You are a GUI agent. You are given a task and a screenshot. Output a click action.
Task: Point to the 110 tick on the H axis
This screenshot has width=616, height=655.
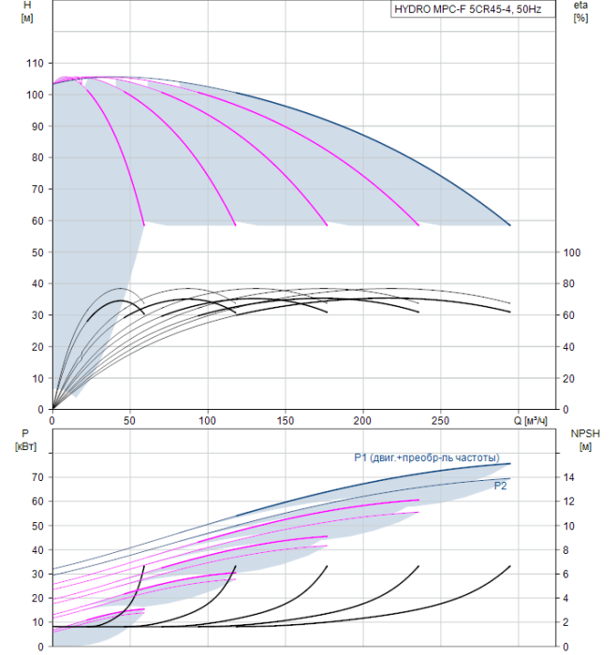click(37, 63)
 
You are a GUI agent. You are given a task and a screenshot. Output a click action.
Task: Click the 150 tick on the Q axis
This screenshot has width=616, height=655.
click(286, 420)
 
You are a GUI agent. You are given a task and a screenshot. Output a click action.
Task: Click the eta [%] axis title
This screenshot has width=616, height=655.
click(579, 11)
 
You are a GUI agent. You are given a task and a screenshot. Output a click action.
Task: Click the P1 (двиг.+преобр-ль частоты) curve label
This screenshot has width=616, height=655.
click(426, 458)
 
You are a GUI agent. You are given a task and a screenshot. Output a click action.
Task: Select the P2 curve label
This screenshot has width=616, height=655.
click(501, 486)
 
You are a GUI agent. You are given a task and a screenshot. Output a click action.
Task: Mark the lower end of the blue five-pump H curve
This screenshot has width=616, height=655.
click(510, 225)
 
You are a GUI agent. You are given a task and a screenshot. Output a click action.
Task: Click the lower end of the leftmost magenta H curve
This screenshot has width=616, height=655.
click(144, 225)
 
